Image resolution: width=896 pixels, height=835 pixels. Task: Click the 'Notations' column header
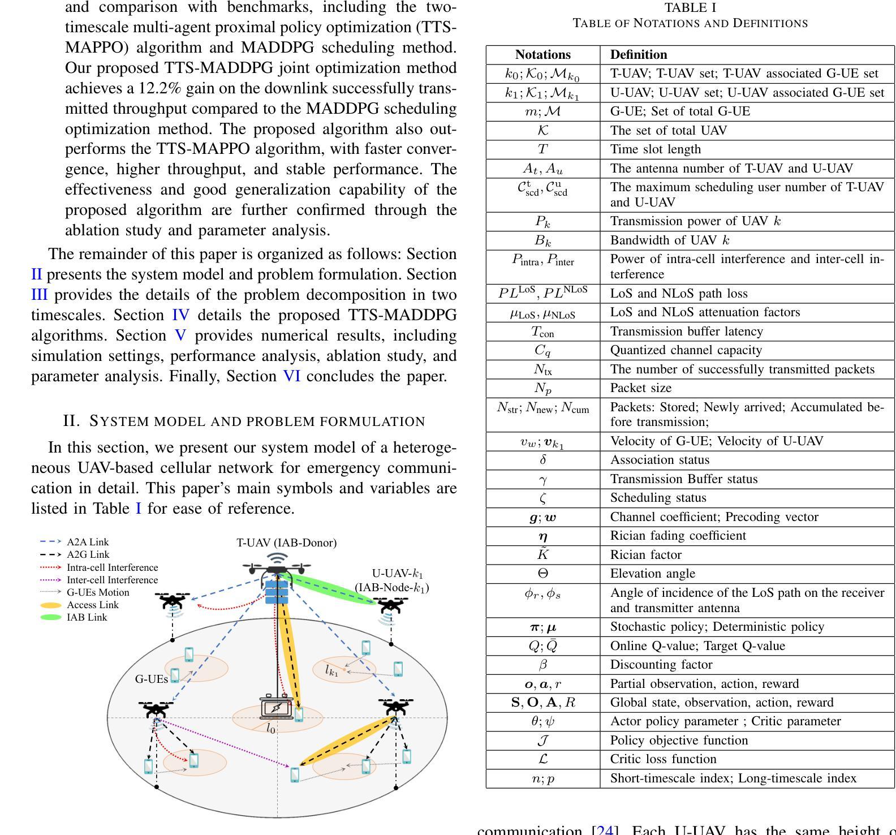coord(542,55)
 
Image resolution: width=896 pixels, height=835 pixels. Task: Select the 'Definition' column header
coord(638,55)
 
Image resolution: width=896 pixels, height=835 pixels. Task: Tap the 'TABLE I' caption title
coord(690,8)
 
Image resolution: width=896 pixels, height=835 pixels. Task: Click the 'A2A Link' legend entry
coord(87,542)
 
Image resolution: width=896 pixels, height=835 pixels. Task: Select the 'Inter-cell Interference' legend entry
coord(112,580)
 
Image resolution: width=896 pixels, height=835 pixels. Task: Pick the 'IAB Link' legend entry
coord(87,617)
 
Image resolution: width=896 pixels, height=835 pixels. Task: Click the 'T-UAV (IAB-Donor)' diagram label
coord(286,543)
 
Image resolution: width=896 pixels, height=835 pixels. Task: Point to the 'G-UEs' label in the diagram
coord(151,679)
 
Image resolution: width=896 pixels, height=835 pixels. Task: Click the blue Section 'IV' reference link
coord(180,315)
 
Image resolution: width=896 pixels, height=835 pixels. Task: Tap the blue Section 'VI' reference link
coord(291,376)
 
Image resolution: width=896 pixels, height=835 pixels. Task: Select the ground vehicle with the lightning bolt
coord(276,707)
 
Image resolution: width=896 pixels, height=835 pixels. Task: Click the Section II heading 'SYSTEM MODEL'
coord(257,421)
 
